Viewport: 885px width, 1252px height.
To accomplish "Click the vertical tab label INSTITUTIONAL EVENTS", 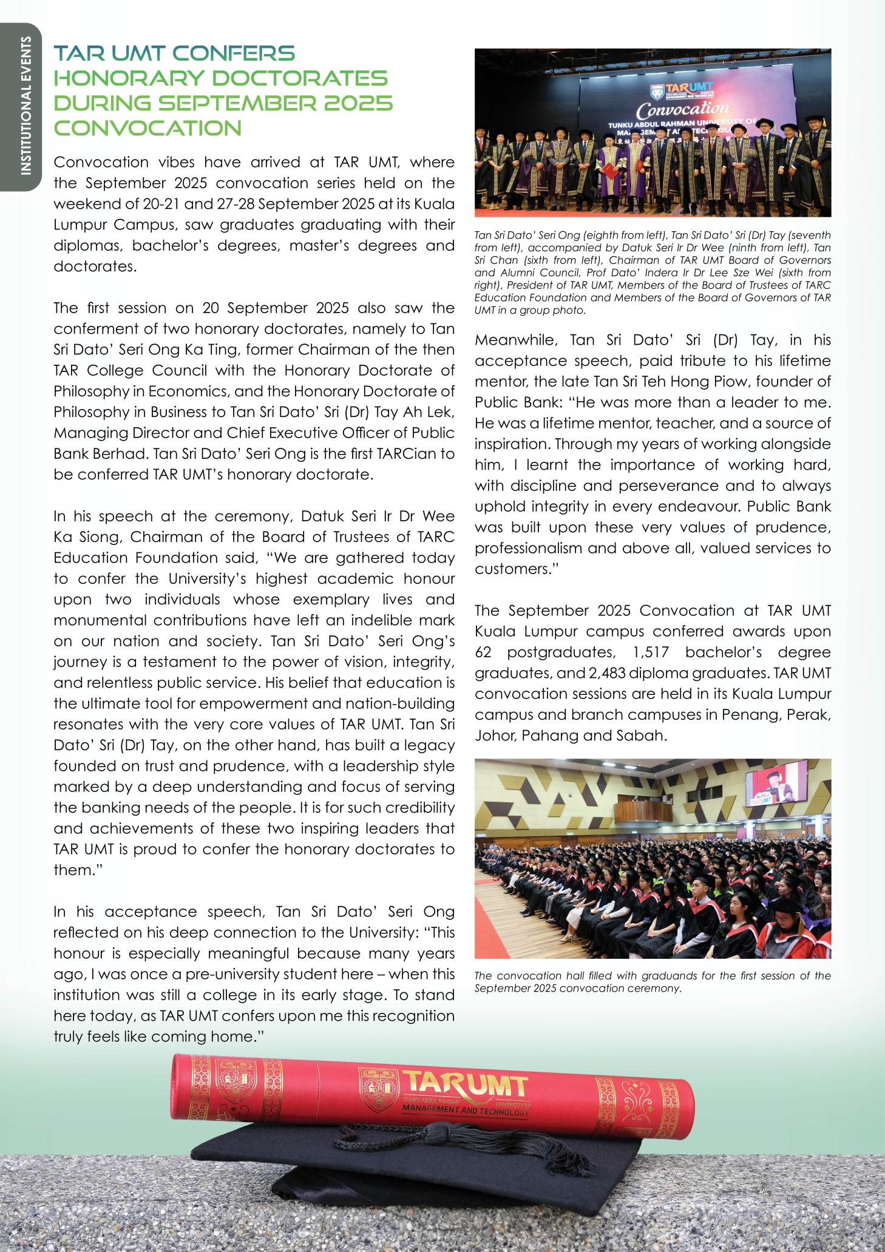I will (25, 106).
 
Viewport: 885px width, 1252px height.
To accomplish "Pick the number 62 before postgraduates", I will (484, 652).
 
